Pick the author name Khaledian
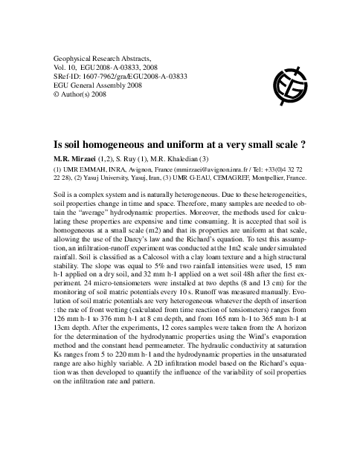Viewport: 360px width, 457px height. point(213,160)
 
